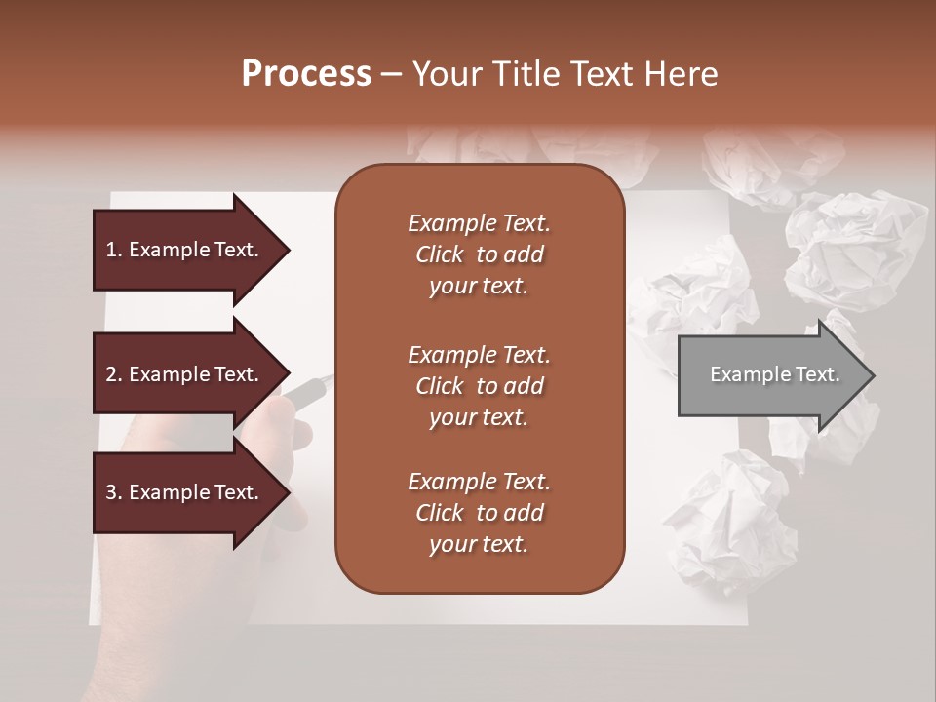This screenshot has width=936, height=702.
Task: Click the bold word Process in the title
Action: pos(306,74)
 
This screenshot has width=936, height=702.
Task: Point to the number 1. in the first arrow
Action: pos(114,250)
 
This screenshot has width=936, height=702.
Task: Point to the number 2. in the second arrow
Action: pos(114,374)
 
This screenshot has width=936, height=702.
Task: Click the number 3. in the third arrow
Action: pos(114,492)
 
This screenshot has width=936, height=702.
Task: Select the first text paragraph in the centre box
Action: pos(479,254)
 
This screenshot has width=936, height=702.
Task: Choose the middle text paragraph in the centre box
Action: pos(479,386)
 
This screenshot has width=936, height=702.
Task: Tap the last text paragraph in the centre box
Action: pos(479,513)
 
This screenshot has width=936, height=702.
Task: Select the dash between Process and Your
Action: pos(392,74)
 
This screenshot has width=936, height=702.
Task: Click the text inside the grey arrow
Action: pos(775,375)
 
